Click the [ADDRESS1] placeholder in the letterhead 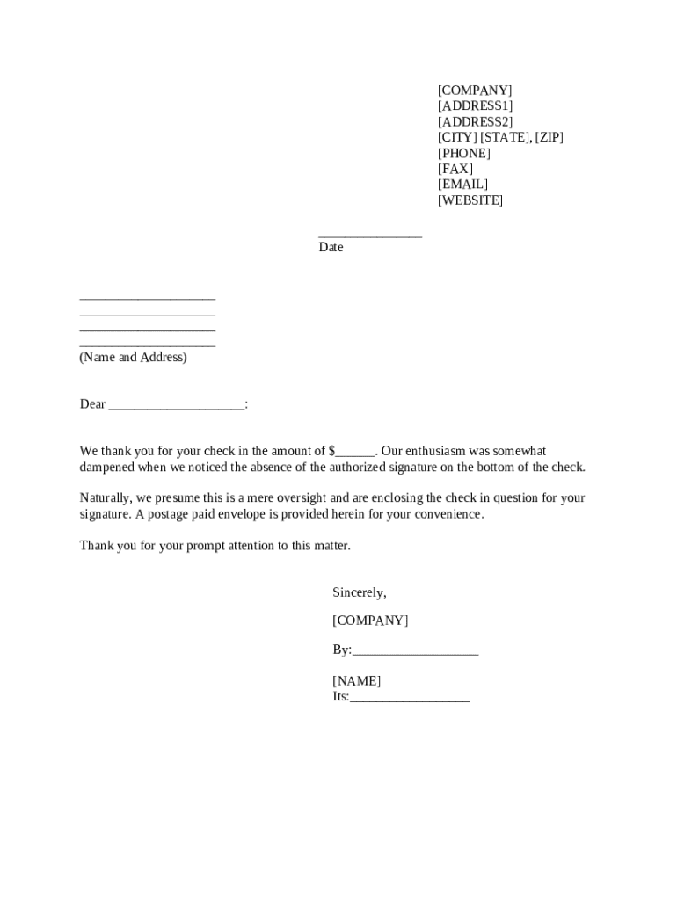[x=475, y=106]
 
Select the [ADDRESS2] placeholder [x=475, y=122]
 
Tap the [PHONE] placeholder [x=464, y=154]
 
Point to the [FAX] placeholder [x=455, y=169]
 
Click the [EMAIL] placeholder [x=462, y=185]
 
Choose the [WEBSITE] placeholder [x=470, y=200]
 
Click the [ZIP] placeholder [x=549, y=138]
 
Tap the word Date [x=331, y=248]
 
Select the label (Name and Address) [x=133, y=358]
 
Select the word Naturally [x=105, y=498]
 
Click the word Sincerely [x=359, y=593]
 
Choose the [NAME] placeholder [x=356, y=681]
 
